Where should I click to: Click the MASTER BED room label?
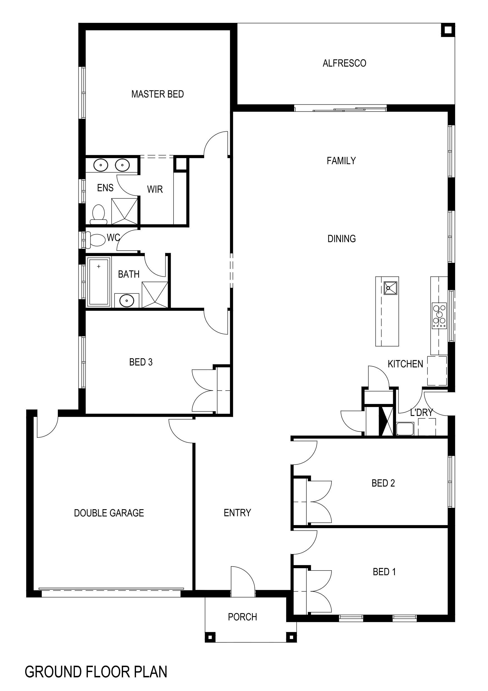coord(158,94)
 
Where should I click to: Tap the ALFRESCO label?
coord(344,63)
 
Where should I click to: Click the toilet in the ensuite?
coord(98,215)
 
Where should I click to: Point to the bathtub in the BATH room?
coord(99,282)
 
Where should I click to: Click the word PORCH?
coord(242,617)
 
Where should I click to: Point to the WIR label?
coord(155,189)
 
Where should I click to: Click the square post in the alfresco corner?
coord(448,30)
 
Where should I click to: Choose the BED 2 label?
coord(383,483)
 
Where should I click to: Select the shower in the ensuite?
coord(125,211)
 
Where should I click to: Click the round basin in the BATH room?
coord(127,300)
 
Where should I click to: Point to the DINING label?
coord(341,239)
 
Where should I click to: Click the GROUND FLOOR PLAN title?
coord(96,672)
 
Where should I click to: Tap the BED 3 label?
coord(141,362)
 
